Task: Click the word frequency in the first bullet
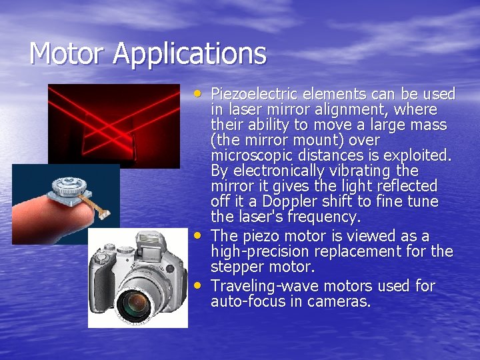(x=327, y=217)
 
